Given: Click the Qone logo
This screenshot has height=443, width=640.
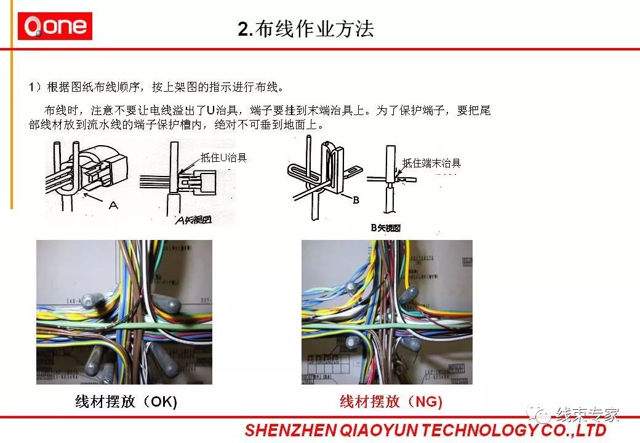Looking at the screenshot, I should tap(55, 26).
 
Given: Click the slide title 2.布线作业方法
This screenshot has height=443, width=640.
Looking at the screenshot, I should tap(306, 30).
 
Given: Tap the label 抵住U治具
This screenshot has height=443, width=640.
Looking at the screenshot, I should tap(223, 158).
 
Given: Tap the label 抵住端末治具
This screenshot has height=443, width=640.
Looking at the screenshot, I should tap(431, 164).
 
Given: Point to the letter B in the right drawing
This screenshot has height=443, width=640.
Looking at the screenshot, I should tap(356, 200).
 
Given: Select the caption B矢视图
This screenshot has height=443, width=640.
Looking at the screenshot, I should tap(385, 228).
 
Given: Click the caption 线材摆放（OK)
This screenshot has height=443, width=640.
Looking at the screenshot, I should tap(126, 402).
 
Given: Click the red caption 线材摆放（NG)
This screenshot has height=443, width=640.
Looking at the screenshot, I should tap(391, 402).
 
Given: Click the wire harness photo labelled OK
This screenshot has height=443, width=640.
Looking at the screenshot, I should tap(124, 312).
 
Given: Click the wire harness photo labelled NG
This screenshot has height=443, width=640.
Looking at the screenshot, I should tap(386, 312).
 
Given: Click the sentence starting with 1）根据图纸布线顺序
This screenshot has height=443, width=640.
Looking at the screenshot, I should tap(157, 86).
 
